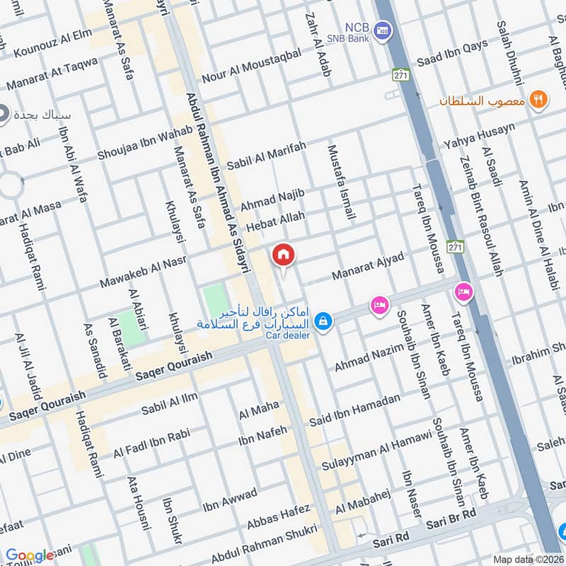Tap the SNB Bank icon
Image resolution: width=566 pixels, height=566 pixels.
coord(383,30)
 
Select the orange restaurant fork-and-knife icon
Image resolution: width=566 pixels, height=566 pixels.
coord(539,100)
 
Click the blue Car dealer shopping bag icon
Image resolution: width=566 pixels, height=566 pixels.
coord(323,320)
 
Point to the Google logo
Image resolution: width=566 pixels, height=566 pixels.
coord(30,555)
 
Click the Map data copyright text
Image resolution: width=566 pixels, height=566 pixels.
coord(528,559)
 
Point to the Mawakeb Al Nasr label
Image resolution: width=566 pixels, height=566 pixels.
coord(143,271)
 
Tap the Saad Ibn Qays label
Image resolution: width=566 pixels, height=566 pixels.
coord(452,54)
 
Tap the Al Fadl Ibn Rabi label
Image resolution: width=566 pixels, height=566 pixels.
coord(151,442)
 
